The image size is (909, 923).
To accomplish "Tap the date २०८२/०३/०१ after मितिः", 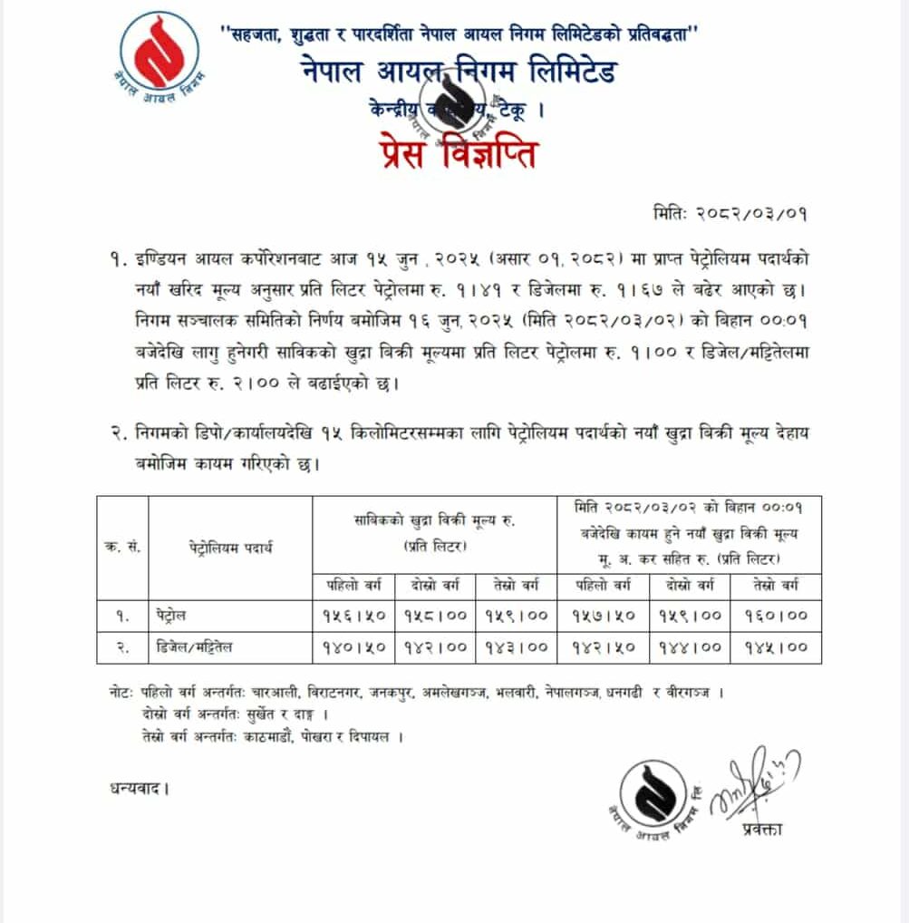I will tap(751, 214).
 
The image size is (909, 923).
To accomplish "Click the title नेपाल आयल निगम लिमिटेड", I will tap(459, 72).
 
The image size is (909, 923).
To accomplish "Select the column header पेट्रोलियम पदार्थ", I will tap(231, 549).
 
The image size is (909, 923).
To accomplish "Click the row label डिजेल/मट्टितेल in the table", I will tap(198, 647).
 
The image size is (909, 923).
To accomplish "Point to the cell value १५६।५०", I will tap(353, 615).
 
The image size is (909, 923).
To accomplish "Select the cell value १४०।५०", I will tap(353, 647).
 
